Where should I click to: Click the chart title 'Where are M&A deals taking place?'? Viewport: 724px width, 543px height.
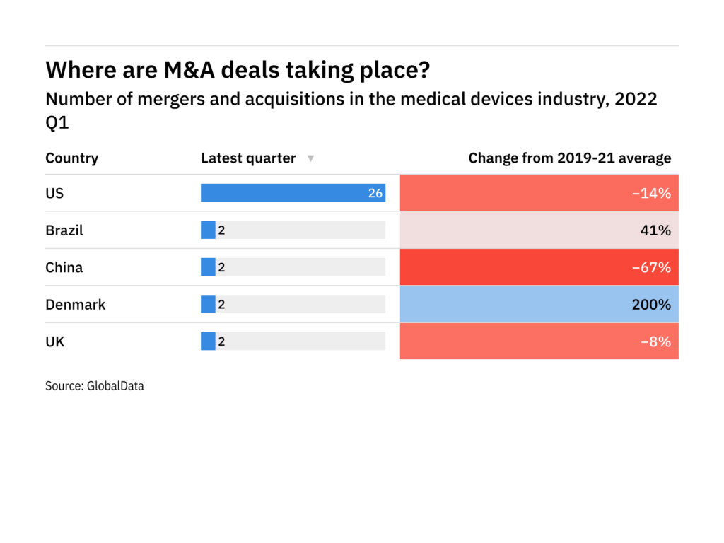point(238,70)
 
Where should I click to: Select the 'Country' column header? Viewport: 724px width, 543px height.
point(71,158)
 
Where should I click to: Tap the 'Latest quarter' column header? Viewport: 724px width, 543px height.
point(248,158)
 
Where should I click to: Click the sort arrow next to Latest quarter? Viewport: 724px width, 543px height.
point(310,159)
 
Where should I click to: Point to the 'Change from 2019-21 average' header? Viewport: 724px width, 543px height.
point(569,158)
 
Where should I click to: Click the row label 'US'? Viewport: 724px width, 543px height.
point(54,193)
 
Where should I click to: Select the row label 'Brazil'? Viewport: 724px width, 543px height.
point(64,230)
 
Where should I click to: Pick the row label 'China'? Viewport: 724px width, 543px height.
point(64,267)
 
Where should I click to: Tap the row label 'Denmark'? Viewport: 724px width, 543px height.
point(75,305)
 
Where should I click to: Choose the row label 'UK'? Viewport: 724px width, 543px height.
point(55,341)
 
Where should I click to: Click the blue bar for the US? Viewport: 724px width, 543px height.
point(283,193)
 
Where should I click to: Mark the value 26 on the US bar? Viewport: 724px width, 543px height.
point(375,193)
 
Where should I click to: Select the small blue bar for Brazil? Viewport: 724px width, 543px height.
point(208,230)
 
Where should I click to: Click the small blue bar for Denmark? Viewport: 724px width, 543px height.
point(208,304)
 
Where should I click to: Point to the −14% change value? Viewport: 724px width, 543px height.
point(655,193)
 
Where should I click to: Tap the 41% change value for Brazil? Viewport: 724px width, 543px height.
point(658,230)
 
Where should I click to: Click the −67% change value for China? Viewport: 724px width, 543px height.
point(655,267)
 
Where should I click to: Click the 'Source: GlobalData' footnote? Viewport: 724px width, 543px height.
point(95,386)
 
